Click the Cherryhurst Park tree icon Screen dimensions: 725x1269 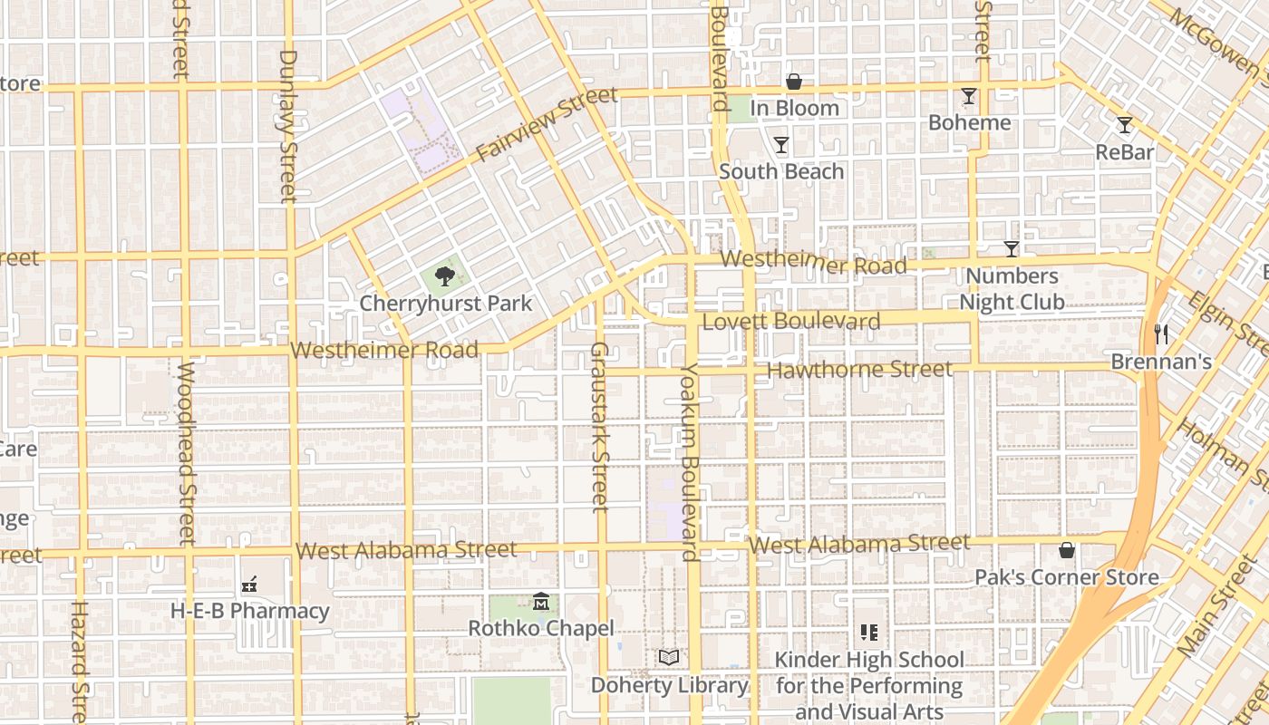(x=444, y=276)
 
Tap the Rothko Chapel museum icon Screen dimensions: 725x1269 (x=541, y=601)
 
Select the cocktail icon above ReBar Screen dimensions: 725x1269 (x=1125, y=125)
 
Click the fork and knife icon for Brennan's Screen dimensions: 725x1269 (x=1161, y=334)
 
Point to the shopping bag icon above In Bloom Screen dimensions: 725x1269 (x=794, y=82)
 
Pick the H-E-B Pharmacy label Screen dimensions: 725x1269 (x=250, y=611)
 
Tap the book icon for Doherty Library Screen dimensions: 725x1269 (x=669, y=658)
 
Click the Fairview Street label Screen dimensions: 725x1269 (x=547, y=124)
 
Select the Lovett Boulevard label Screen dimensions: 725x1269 (x=791, y=322)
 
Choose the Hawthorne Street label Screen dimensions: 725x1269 (x=859, y=370)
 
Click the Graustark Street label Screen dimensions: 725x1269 (x=599, y=426)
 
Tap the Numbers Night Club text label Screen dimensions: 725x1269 (x=1012, y=289)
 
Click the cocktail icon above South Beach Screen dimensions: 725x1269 (x=780, y=145)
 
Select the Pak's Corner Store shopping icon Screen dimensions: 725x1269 (x=1067, y=550)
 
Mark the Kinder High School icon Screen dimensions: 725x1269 (x=869, y=633)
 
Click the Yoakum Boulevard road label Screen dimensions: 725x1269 (x=691, y=462)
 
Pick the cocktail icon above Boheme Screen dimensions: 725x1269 (x=969, y=96)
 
